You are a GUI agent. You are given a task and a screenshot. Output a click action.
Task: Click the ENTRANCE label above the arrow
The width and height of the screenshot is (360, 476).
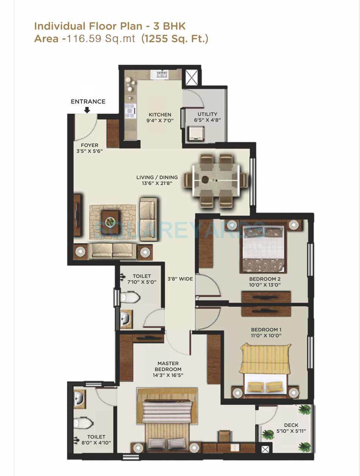tap(88, 102)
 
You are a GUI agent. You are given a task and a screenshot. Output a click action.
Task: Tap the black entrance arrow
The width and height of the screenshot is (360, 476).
tap(87, 110)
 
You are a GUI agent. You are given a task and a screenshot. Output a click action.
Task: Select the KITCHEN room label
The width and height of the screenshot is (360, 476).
tap(160, 114)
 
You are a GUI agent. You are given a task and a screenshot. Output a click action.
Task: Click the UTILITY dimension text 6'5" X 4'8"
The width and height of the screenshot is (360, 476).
tap(208, 120)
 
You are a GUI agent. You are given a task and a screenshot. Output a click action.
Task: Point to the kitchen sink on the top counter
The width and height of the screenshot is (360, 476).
tap(160, 74)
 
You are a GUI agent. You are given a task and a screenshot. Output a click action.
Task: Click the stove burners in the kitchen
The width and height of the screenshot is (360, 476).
tap(130, 110)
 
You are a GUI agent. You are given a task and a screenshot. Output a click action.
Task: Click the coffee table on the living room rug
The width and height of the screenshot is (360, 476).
tap(110, 221)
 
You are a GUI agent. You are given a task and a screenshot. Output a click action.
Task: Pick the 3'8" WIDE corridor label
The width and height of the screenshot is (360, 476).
tap(180, 279)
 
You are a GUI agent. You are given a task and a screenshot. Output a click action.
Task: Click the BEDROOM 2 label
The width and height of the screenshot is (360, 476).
tap(264, 279)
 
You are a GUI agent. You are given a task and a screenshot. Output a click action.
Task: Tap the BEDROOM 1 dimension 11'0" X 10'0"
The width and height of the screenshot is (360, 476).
tap(266, 335)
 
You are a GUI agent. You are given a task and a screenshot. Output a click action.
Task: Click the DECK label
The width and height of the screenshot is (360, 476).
tap(291, 425)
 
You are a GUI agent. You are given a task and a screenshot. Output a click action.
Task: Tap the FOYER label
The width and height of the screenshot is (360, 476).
tap(90, 145)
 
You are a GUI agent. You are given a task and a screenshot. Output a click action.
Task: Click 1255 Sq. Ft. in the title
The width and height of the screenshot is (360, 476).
tap(175, 39)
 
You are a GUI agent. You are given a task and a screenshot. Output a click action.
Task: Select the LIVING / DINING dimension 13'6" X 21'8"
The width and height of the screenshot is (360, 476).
tap(157, 184)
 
